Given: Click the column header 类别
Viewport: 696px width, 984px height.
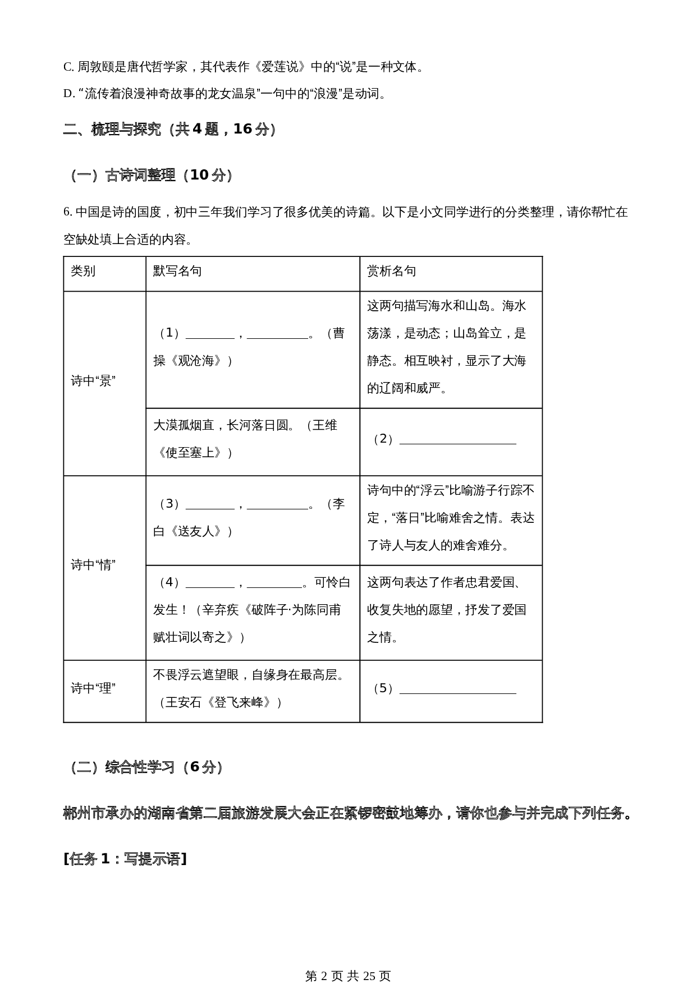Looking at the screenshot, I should pyautogui.click(x=83, y=272).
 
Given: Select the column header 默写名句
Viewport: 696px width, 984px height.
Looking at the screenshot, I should pyautogui.click(x=177, y=272).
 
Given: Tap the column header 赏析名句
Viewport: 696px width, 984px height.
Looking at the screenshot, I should pyautogui.click(x=391, y=272).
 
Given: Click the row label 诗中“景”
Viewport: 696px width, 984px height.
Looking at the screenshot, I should pyautogui.click(x=93, y=381).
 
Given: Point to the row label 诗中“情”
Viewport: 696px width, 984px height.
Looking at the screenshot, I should pyautogui.click(x=93, y=565).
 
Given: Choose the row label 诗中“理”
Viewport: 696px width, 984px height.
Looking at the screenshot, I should pyautogui.click(x=93, y=689).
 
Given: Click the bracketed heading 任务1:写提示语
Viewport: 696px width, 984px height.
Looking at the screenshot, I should pyautogui.click(x=125, y=859).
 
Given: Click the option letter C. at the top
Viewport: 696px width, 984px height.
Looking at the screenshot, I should pyautogui.click(x=68, y=67).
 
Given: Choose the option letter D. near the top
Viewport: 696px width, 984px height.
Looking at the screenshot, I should pyautogui.click(x=69, y=94).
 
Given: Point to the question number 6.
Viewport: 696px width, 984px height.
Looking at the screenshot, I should pyautogui.click(x=67, y=213).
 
